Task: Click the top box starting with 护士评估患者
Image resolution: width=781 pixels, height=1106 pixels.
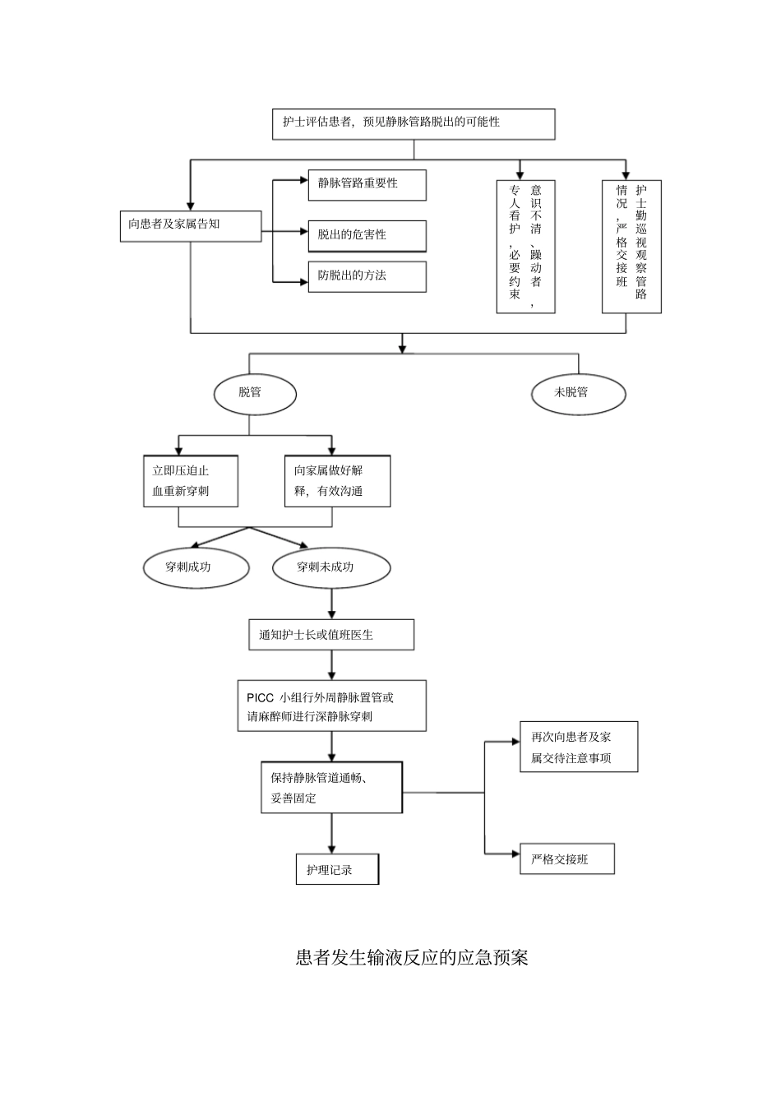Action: (x=414, y=123)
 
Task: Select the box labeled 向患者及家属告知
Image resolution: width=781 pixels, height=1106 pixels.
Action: (x=191, y=225)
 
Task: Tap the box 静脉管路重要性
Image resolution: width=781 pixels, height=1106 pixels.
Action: (x=367, y=184)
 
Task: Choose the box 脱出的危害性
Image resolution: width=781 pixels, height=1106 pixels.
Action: (x=367, y=236)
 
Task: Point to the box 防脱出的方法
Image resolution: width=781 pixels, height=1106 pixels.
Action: (x=367, y=276)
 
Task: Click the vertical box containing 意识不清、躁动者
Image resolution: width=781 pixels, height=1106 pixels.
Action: (x=525, y=247)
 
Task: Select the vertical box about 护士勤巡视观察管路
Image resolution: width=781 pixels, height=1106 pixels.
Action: (x=631, y=247)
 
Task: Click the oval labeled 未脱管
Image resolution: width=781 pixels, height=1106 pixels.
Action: (x=578, y=393)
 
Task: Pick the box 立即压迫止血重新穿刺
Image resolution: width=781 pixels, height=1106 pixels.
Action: (x=191, y=481)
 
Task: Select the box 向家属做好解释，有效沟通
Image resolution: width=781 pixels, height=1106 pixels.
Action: (x=337, y=481)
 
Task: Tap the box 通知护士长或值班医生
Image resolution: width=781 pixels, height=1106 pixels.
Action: (x=331, y=635)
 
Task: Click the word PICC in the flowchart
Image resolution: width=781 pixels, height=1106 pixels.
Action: (x=261, y=697)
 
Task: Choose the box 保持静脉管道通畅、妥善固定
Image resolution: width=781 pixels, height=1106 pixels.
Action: (x=331, y=787)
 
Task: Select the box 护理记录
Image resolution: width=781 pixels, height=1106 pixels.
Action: (x=337, y=869)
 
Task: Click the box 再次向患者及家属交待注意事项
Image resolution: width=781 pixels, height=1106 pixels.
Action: (x=578, y=747)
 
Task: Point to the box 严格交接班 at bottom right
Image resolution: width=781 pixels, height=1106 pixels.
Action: (x=566, y=859)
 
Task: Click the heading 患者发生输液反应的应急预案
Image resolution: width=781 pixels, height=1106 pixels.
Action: (x=412, y=957)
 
